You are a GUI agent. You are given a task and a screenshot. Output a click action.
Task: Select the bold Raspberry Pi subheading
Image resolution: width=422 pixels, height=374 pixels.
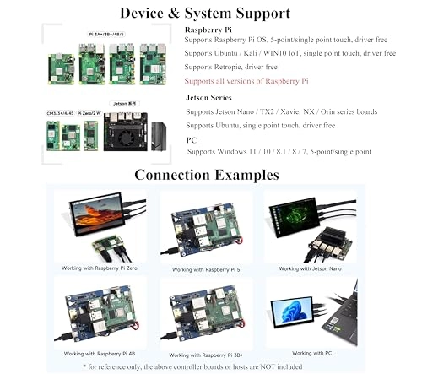tap(214, 29)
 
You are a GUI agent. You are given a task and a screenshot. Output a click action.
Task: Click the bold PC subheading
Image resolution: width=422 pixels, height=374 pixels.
tap(192, 139)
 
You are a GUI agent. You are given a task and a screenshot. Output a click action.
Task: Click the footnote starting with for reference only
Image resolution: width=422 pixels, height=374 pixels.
tap(205, 366)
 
